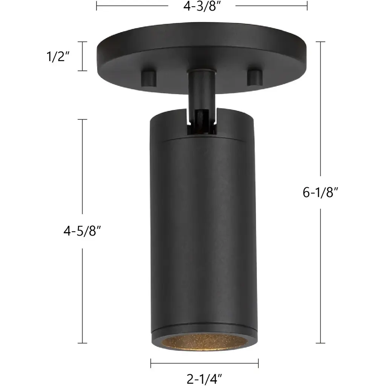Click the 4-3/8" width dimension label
[x=201, y=6]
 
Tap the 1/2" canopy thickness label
[x=58, y=57]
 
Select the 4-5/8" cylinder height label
[x=82, y=231]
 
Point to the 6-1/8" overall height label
[x=320, y=192]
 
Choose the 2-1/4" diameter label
[x=204, y=379]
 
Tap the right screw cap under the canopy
[x=254, y=78]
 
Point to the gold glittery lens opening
[x=204, y=342]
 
